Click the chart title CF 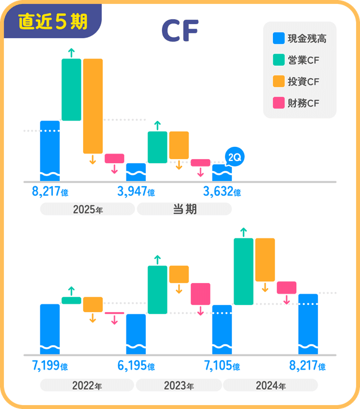point(179,32)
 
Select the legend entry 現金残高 point(299,39)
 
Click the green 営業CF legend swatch point(278,60)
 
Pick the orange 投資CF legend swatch point(278,82)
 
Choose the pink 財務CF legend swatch point(278,104)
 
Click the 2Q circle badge point(233,158)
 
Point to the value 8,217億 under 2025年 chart point(50,192)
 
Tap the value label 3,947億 point(136,192)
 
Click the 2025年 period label point(87,209)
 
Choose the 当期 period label point(184,209)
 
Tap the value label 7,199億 point(50,366)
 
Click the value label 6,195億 point(136,366)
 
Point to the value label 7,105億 point(222,366)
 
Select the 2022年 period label point(87,386)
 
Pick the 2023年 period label point(179,386)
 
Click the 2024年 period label point(271,386)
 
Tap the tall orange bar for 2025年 point(93,106)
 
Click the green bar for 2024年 point(244,271)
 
